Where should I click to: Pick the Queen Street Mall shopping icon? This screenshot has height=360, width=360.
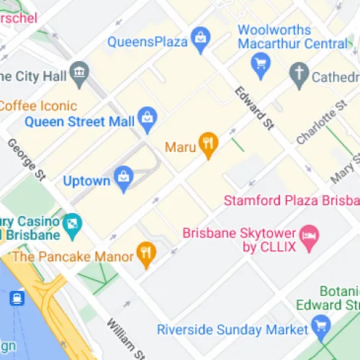[x=148, y=117]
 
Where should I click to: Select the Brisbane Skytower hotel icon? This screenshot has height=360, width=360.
[x=309, y=236]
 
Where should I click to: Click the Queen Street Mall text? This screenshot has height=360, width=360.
[x=79, y=121]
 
